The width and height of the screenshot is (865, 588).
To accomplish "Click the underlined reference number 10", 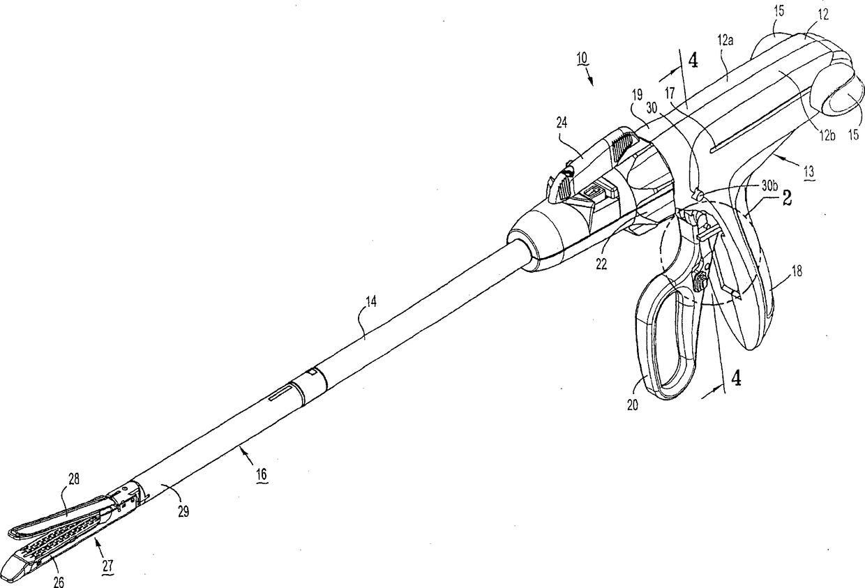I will point(582,59).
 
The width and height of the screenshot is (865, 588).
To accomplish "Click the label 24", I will point(562,121).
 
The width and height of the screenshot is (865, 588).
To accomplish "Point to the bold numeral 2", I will point(785,198).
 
